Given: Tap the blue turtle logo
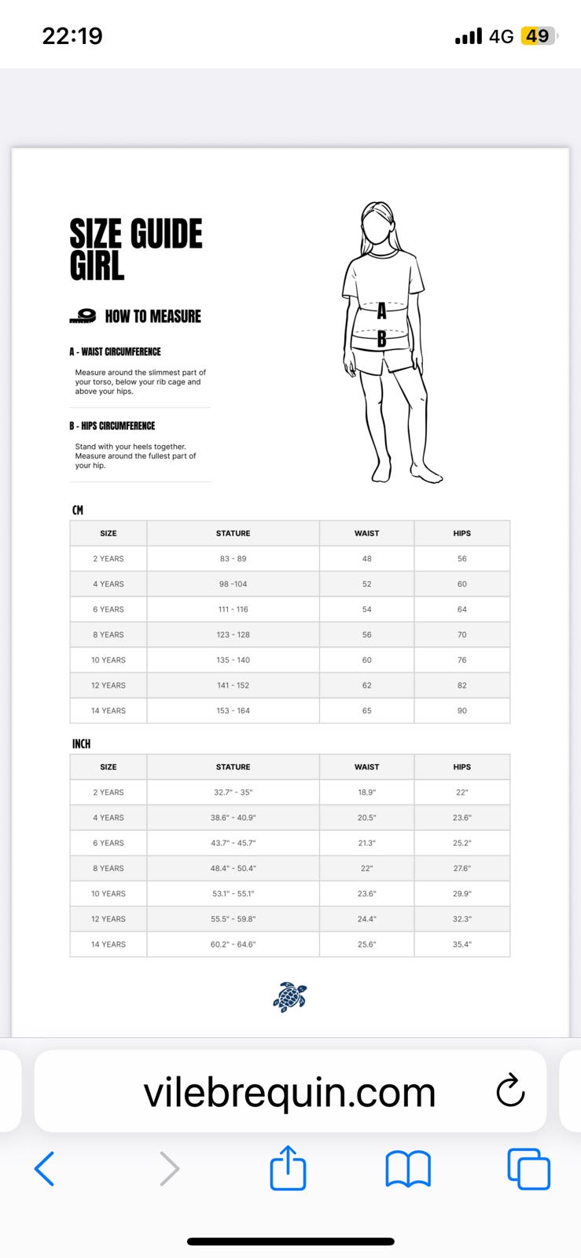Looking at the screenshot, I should click(x=289, y=997).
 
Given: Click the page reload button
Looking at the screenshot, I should click(x=510, y=1091).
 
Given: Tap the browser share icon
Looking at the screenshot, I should click(x=288, y=1168).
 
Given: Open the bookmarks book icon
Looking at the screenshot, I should click(x=408, y=1169).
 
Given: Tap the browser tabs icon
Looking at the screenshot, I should click(x=528, y=1169).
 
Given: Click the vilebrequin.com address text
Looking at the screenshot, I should click(x=289, y=1092).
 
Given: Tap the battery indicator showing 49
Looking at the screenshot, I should click(x=538, y=36).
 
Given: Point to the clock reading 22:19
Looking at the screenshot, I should click(x=72, y=36).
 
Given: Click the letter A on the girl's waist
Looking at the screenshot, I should click(x=381, y=311).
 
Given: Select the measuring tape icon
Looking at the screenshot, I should click(x=83, y=316).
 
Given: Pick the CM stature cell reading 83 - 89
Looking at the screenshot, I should click(x=233, y=559).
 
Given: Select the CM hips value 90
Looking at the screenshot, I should click(x=461, y=711).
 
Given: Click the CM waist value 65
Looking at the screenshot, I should click(x=366, y=711).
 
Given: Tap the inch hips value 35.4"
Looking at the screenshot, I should click(x=461, y=944).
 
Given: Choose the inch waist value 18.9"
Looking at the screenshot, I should click(x=366, y=793).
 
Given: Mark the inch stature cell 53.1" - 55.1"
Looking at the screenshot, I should click(x=233, y=894).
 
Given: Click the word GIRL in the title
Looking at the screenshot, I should click(x=97, y=266).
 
